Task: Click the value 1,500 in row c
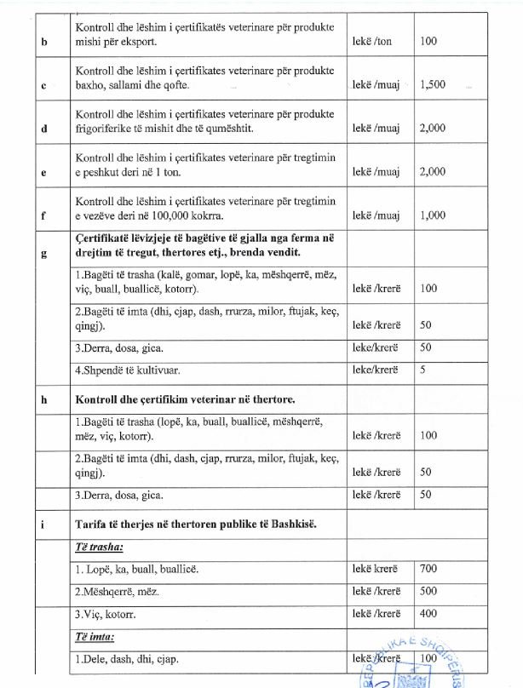pyautogui.click(x=434, y=84)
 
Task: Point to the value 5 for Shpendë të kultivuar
pyautogui.click(x=424, y=370)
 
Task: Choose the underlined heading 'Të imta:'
pyautogui.click(x=95, y=636)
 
